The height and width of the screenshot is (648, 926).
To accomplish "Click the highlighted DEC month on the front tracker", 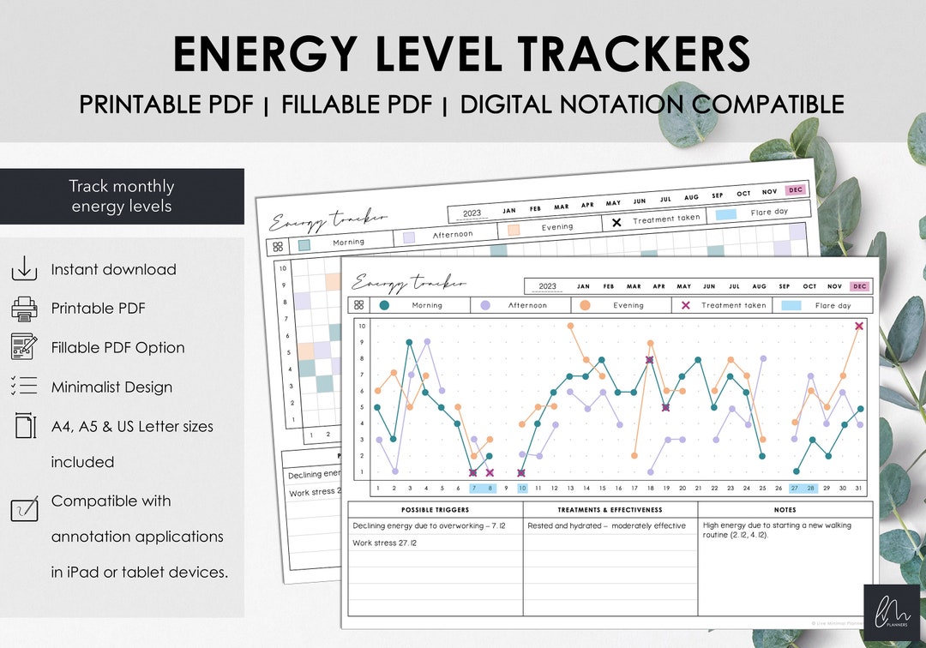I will tap(860, 286).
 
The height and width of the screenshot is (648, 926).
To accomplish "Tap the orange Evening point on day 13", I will tap(570, 326).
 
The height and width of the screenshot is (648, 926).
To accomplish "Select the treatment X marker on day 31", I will tap(859, 326).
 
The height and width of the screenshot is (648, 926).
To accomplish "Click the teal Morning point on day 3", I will tap(410, 342).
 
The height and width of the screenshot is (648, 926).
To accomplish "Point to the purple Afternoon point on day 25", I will tap(762, 358).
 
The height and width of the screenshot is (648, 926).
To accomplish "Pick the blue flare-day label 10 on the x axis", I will tap(522, 489).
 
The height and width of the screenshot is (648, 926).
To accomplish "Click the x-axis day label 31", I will tap(859, 489).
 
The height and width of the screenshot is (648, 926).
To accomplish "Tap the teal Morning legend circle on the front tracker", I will tap(384, 305).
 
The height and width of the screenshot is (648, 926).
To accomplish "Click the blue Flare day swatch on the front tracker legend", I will tap(791, 305).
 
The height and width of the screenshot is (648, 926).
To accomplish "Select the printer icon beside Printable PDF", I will tap(24, 308).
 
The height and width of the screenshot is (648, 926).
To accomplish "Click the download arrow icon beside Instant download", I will tap(24, 269).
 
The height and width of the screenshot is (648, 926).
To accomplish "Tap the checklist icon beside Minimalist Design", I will tap(24, 387).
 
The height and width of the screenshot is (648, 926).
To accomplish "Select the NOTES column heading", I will tap(785, 510).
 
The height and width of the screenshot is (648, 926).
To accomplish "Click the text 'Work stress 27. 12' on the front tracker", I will tap(384, 543).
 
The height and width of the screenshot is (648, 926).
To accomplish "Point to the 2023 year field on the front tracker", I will tap(547, 286).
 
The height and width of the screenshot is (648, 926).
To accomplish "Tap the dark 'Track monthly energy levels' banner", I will tap(122, 196).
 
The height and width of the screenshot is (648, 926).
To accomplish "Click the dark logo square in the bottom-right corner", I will tap(891, 611).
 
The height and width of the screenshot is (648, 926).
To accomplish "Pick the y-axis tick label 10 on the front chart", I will tap(363, 326).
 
